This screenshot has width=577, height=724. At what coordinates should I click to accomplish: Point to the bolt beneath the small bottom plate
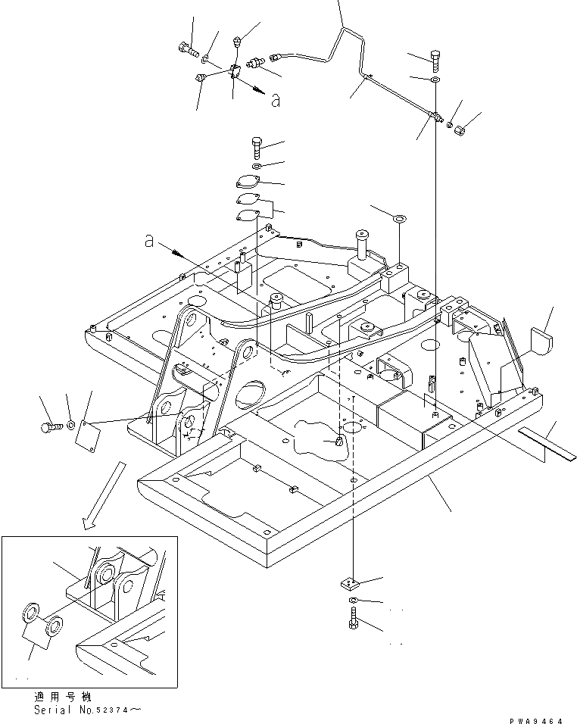tap(354, 624)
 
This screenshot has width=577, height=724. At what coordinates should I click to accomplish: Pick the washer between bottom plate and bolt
tap(354, 602)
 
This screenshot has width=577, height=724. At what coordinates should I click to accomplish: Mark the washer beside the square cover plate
tap(70, 425)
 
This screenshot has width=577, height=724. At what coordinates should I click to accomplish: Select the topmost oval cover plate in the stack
tap(248, 183)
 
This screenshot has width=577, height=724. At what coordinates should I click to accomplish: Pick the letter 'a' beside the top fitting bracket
tap(276, 100)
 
